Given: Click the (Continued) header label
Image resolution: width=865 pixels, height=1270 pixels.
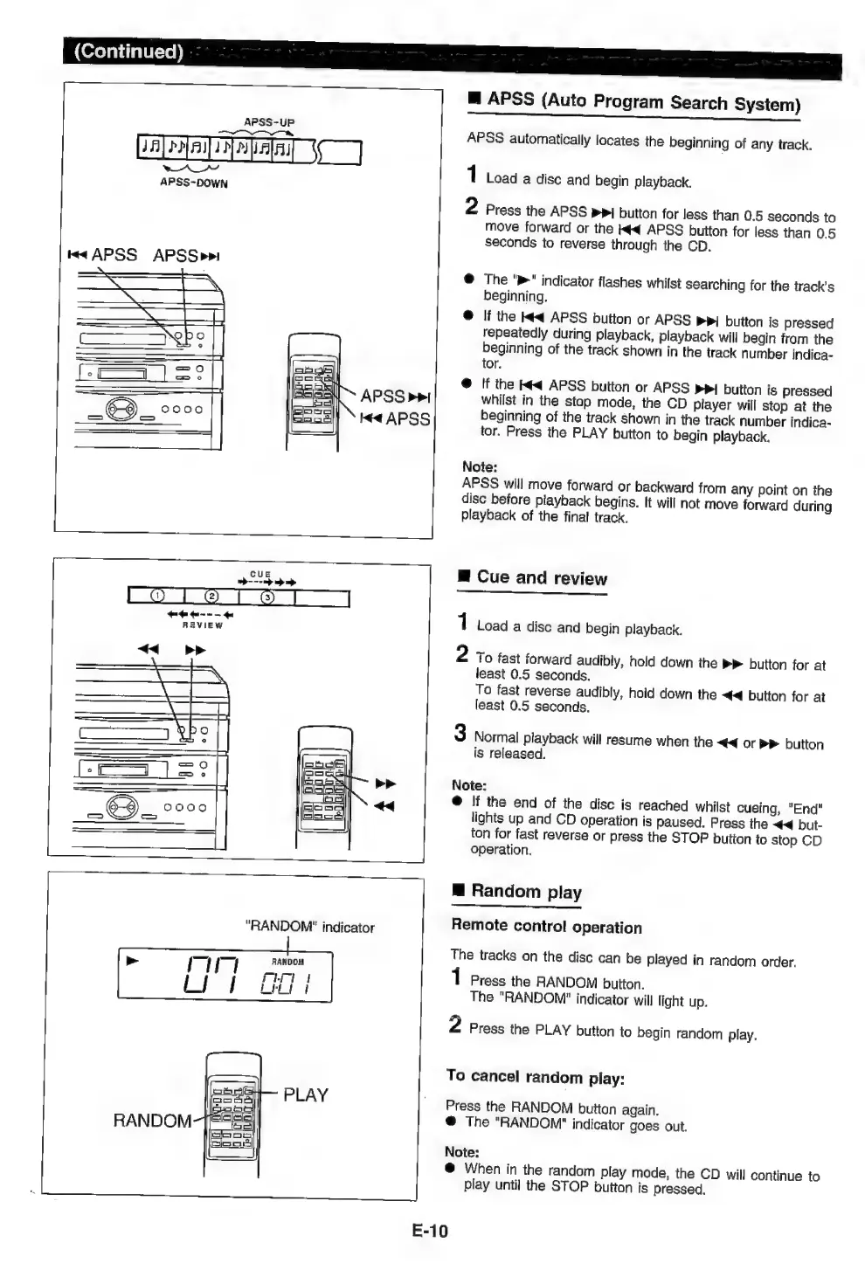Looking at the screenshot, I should point(128,51).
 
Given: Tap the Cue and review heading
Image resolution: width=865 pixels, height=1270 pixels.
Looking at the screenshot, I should point(541,577).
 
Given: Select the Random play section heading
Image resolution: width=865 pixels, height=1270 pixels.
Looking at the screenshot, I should point(525,891).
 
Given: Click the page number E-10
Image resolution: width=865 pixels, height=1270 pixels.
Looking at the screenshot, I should point(429,1231).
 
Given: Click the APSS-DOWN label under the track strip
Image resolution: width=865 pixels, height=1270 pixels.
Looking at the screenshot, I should point(193,183).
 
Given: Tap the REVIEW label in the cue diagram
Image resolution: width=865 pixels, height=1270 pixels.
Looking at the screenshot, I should point(202,625).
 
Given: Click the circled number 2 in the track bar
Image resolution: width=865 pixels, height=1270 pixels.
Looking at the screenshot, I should point(211,597).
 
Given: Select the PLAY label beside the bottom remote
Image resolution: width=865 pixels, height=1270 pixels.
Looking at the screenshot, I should point(306,1094).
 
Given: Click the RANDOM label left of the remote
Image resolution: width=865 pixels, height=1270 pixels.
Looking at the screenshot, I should point(152,1121).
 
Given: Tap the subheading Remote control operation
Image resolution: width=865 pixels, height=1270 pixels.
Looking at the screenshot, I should point(546,927).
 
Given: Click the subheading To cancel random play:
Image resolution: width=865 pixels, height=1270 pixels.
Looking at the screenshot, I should point(535,1077).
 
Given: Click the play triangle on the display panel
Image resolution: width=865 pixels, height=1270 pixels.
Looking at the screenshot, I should point(133,961).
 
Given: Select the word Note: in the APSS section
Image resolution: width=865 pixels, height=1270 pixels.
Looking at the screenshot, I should point(479,466).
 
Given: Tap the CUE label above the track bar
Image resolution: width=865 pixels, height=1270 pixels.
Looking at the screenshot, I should point(260,574).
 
